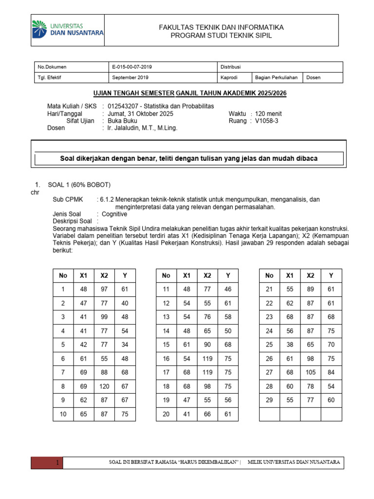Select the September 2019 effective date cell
pos(131,77)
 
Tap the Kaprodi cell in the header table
pos(229,77)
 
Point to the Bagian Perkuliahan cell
pos(276,77)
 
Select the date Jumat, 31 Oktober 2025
pos(140,114)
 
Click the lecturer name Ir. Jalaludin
pos(142,128)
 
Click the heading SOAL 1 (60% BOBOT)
pos(79,184)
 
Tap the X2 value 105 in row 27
pos(311,372)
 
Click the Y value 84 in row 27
pos(331,372)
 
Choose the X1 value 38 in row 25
pos(290,345)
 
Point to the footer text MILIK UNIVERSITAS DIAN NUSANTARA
pos(294,462)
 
